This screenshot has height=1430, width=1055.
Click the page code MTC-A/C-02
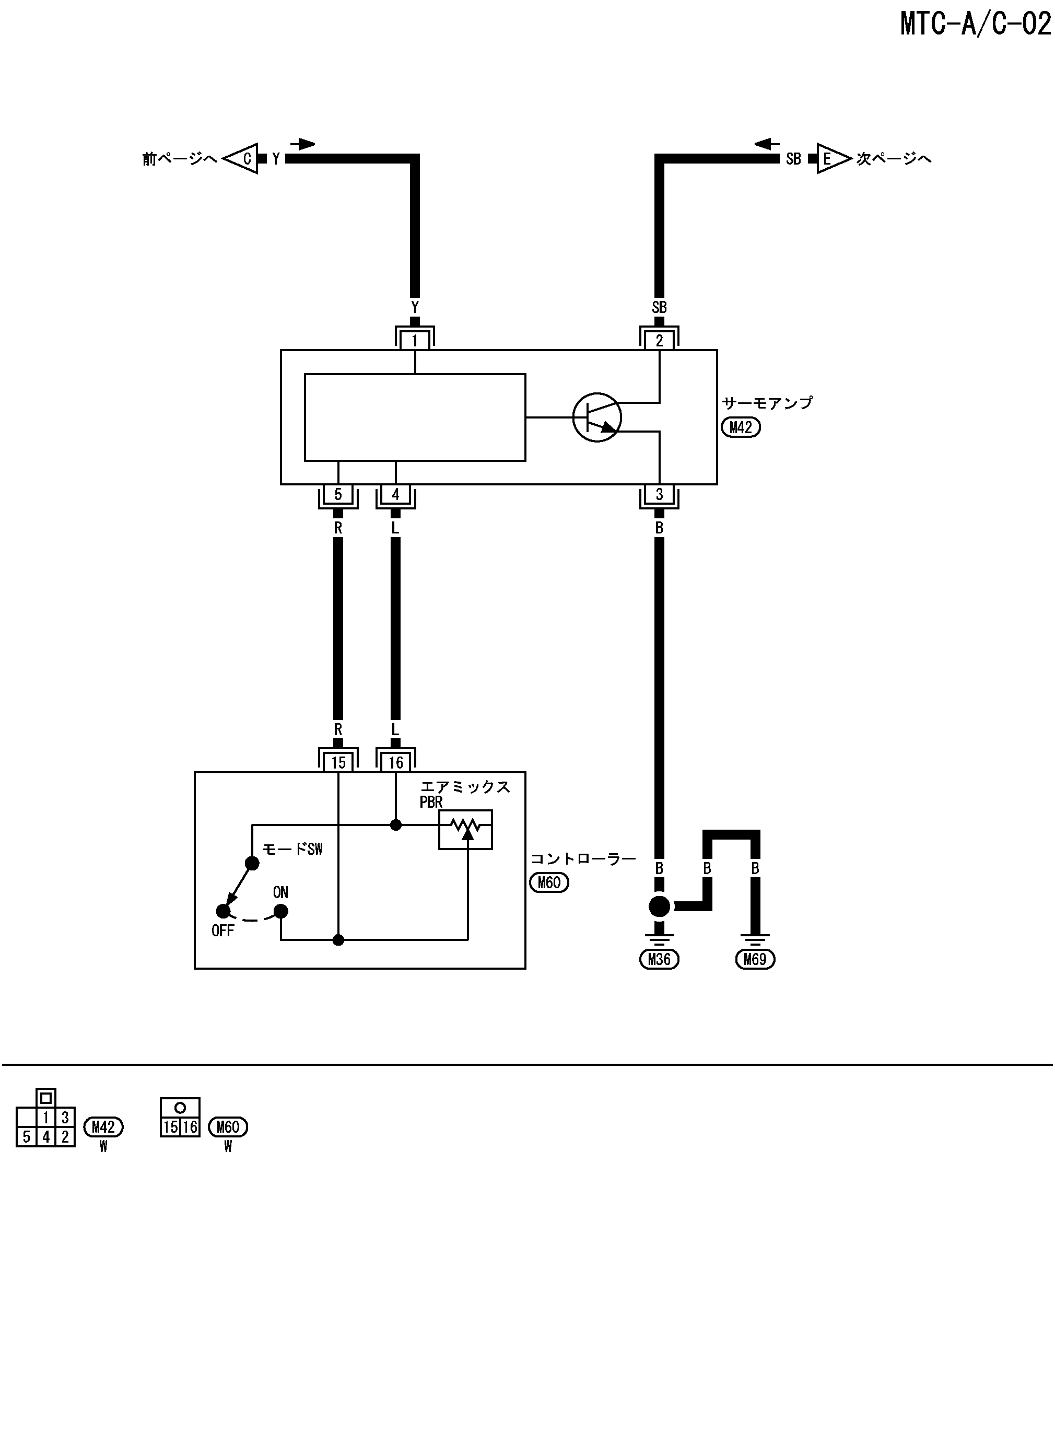975,24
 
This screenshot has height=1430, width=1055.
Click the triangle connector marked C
243,158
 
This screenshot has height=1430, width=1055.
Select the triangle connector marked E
831,158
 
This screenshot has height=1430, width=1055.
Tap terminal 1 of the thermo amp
415,341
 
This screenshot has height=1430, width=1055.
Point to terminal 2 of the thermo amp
659,341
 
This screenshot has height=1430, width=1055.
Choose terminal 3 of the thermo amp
659,494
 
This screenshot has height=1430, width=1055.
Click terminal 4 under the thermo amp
396,494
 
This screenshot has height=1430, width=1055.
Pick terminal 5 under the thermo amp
338,494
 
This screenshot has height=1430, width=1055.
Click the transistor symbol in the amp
596,417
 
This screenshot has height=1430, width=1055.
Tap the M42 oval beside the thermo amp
741,427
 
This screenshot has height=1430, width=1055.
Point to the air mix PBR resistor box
465,830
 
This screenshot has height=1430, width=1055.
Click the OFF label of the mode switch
222,931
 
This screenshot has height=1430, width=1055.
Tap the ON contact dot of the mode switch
280,911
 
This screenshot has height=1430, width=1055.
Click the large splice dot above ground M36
659,905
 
